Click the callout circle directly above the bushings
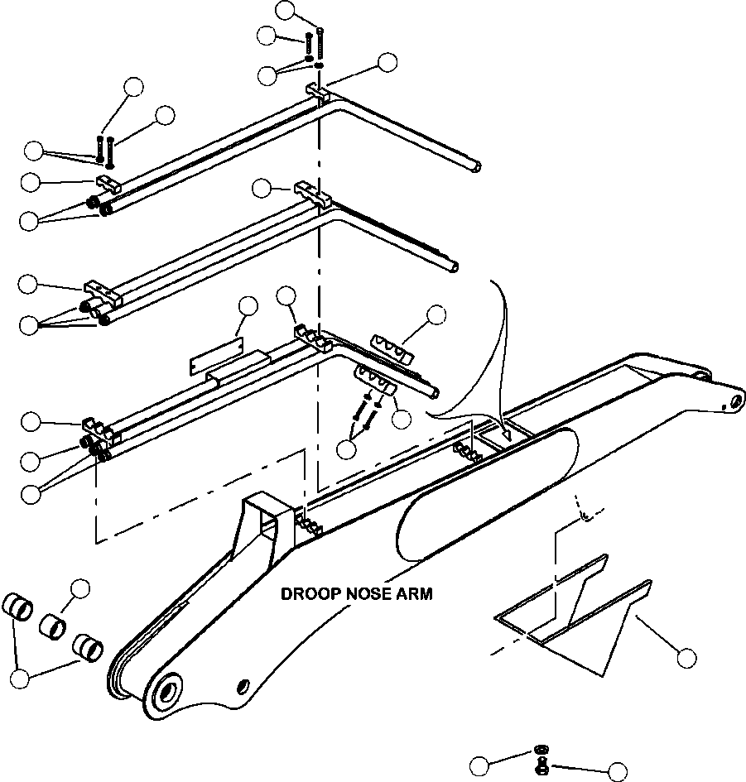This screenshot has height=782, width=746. pyautogui.click(x=80, y=588)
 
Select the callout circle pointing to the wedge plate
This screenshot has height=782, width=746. pyautogui.click(x=686, y=659)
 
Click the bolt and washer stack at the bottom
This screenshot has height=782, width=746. pyautogui.click(x=541, y=760)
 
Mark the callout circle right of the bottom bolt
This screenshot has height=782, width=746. pyautogui.click(x=617, y=771)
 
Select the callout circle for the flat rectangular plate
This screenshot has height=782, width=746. pyautogui.click(x=247, y=305)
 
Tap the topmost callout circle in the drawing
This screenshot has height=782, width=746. pyautogui.click(x=286, y=10)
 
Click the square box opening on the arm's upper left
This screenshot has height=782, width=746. pyautogui.click(x=266, y=516)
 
